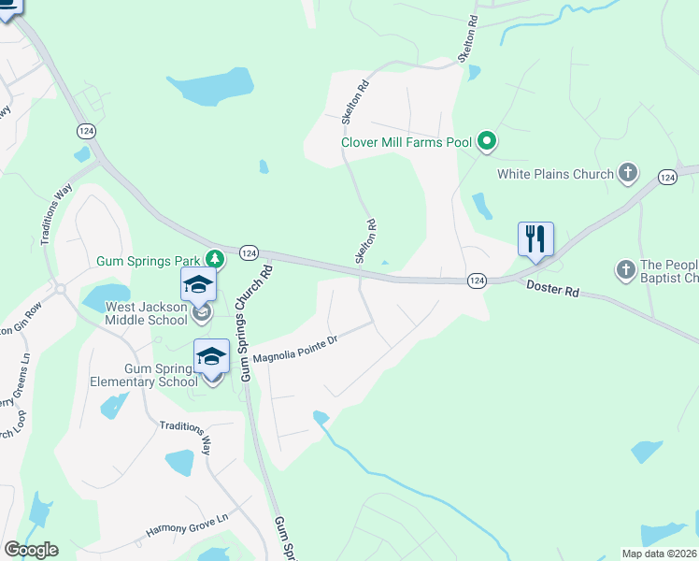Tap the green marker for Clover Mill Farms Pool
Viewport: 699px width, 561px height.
pos(486,142)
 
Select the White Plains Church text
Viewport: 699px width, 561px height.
pos(555,174)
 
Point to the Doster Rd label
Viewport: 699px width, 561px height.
pos(552,291)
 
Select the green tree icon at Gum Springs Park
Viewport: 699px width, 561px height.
pos(215,258)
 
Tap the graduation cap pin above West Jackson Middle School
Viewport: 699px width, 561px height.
pos(198,285)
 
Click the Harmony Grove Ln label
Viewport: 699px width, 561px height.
pos(188,526)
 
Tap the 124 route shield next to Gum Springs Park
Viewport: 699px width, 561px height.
pos(249,253)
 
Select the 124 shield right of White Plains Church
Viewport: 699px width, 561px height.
pos(667,177)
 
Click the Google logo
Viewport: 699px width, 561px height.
pos(31,550)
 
